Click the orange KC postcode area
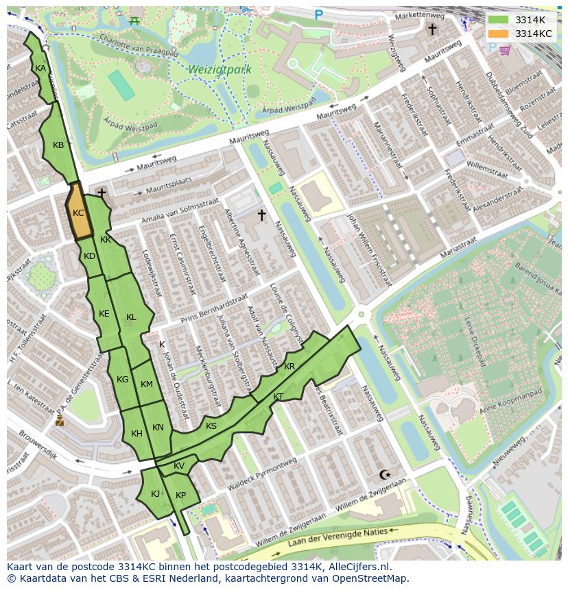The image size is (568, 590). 78,213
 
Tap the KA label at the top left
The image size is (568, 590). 40,69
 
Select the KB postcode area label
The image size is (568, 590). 58,145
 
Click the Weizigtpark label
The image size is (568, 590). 219,70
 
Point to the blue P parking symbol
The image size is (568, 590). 318,14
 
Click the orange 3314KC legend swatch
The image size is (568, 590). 499,34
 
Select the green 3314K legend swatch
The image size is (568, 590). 499,20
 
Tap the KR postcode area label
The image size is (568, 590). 289,367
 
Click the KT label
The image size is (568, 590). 278,397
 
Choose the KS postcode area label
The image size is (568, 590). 211,426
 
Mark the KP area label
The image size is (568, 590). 180,495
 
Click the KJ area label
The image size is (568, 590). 155,493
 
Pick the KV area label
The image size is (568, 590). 179,466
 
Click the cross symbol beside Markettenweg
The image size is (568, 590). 432,29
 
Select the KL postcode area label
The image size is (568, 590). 131,317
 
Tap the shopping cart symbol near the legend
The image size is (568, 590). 505,49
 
